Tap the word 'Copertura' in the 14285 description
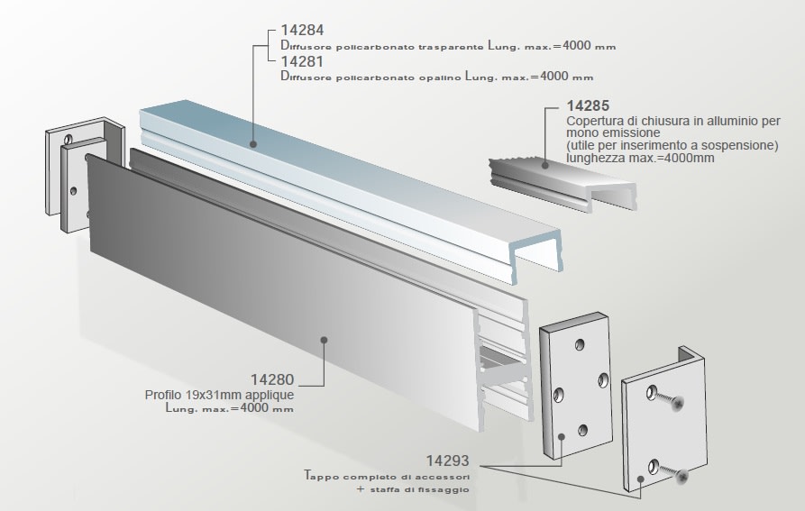[596, 121]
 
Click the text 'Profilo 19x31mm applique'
[219, 395]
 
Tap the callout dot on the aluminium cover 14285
[544, 163]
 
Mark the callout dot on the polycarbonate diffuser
[254, 143]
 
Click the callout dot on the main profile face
[323, 340]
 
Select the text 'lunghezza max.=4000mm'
[640, 158]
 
